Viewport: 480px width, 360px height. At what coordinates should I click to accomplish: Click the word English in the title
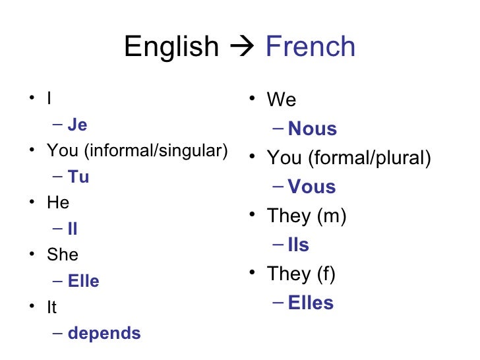pos(171,47)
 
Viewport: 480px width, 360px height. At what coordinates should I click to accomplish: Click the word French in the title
pos(310,47)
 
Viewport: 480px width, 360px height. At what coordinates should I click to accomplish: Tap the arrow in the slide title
pos(241,47)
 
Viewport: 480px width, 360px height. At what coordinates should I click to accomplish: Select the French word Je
pos(77,125)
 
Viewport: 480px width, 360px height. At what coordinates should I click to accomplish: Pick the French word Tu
pos(78,177)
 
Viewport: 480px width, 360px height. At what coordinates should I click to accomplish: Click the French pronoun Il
pos(73,229)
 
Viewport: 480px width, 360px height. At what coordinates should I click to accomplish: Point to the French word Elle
pos(84,282)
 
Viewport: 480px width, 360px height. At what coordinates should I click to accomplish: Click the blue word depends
pos(104,334)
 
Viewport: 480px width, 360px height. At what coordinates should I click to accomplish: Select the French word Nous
pos(313,129)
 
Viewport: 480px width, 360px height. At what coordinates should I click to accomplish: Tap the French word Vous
pos(312,187)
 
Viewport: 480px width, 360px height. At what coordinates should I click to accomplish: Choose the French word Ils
pos(299,245)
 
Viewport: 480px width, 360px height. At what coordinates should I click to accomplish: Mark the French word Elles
pos(311,303)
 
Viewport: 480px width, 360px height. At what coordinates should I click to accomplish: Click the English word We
pos(282,100)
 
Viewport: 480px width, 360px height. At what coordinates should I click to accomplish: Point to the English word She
pos(63,255)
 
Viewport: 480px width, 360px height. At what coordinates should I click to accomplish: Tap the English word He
pos(58,203)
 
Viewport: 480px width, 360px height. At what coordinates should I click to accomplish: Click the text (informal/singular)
pos(156,152)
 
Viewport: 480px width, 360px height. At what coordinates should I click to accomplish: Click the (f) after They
pos(326,274)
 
